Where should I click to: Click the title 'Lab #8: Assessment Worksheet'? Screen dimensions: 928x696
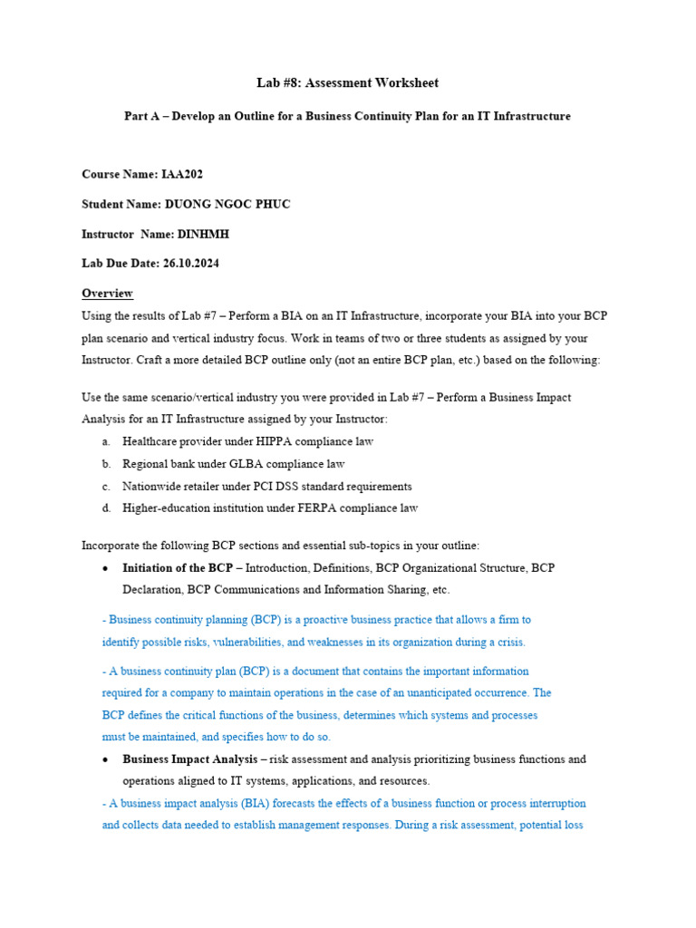coord(348,83)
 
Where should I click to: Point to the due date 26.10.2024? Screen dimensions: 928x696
coord(191,264)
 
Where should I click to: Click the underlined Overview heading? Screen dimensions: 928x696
coord(107,294)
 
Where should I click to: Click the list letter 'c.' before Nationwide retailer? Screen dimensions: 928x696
coord(106,487)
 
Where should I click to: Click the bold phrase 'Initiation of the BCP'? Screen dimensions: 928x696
coord(178,568)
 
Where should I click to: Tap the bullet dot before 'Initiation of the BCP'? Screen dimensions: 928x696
coord(106,568)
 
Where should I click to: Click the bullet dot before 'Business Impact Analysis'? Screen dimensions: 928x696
coord(106,759)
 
